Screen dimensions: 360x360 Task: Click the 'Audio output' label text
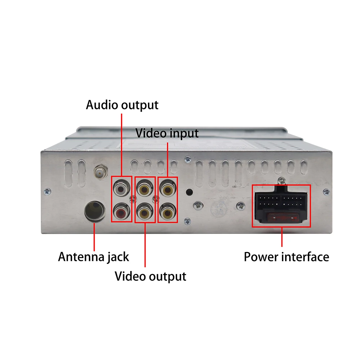coord(122,105)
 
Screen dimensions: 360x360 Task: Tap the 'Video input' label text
coord(167,133)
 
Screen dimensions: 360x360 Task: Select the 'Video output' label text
coord(150,276)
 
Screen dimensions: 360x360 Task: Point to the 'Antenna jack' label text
coord(94,257)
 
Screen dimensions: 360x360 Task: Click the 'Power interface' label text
coord(286,257)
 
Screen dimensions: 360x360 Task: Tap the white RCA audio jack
coord(122,188)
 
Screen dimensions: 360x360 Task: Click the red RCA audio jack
coord(122,212)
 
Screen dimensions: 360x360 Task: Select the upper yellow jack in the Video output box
coord(145,188)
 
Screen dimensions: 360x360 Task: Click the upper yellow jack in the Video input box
coord(167,188)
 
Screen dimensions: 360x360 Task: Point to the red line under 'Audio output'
coord(122,144)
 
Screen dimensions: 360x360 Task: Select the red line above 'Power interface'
coord(282,238)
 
